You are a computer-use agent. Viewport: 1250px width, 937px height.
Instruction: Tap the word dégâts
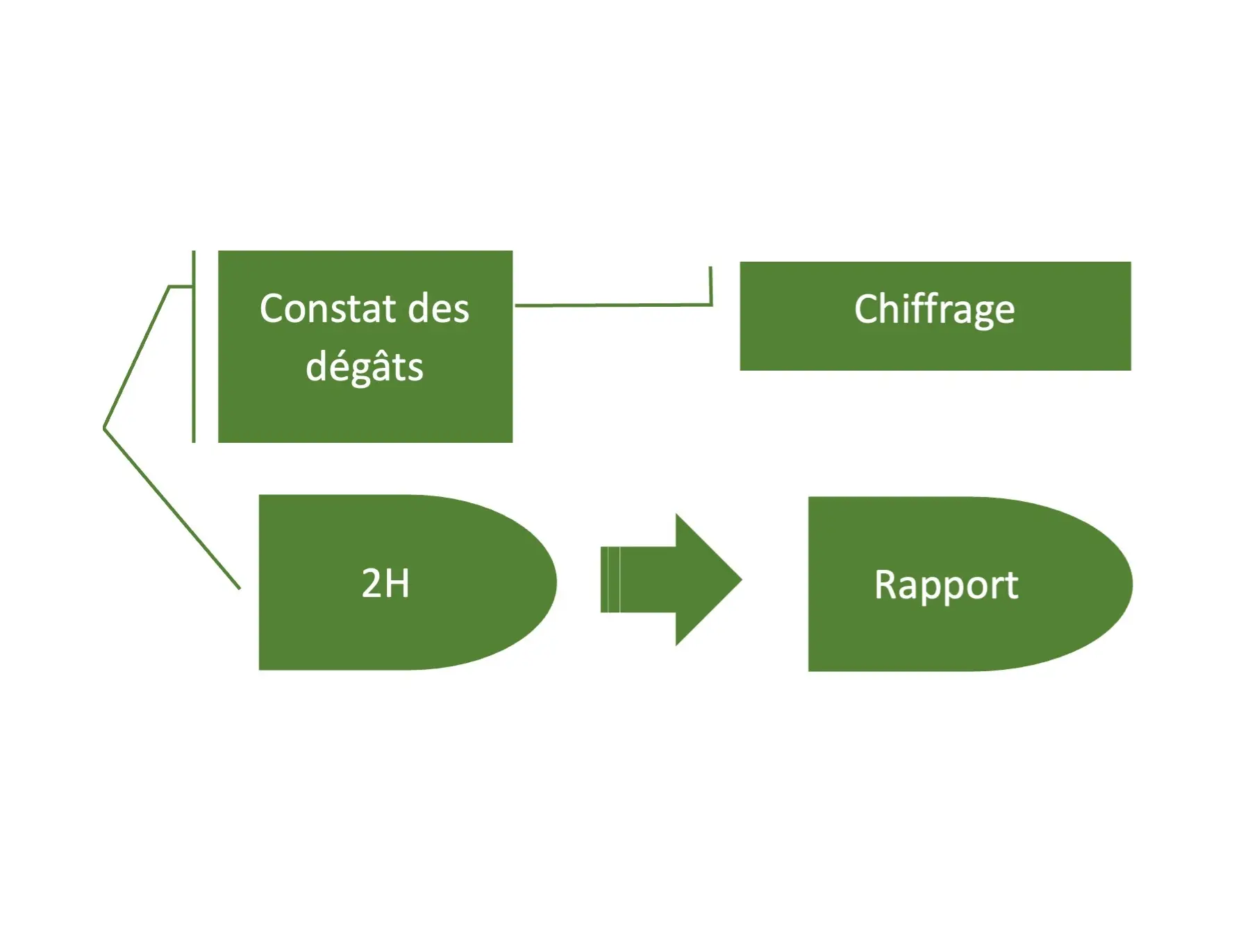click(x=365, y=366)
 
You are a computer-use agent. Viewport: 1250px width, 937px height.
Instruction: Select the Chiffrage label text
click(x=934, y=310)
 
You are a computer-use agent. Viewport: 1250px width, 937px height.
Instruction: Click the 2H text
click(x=385, y=583)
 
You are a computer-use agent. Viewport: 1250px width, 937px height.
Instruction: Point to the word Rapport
click(x=946, y=584)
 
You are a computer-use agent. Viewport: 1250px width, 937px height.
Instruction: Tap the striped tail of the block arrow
click(x=610, y=580)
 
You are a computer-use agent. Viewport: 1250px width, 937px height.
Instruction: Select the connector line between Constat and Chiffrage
click(x=611, y=305)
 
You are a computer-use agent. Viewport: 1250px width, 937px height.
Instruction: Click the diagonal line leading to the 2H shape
click(x=174, y=510)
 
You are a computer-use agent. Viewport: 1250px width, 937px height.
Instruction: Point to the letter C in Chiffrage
click(x=867, y=309)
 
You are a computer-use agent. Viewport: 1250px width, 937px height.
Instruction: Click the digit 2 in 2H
click(x=372, y=583)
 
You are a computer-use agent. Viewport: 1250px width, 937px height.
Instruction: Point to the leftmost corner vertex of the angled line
click(x=105, y=428)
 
